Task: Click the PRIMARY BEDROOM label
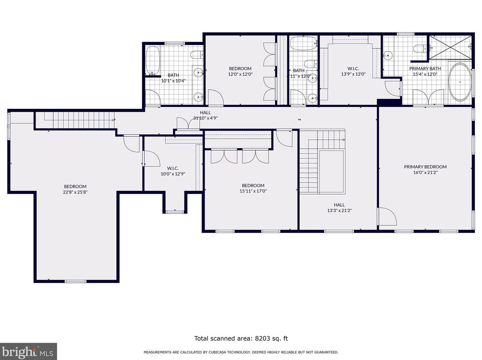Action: pyautogui.click(x=425, y=167)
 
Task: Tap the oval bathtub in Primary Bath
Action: pyautogui.click(x=460, y=82)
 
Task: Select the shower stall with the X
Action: pyautogui.click(x=450, y=47)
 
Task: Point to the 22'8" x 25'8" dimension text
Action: pyautogui.click(x=75, y=192)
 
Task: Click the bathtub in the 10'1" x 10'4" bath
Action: pyautogui.click(x=153, y=60)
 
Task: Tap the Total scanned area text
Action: pyautogui.click(x=241, y=338)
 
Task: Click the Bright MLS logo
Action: pyautogui.click(x=28, y=351)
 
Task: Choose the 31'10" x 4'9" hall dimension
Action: pyautogui.click(x=205, y=118)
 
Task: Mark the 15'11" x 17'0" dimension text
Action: pyautogui.click(x=253, y=191)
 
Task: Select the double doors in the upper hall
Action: pyautogui.click(x=188, y=123)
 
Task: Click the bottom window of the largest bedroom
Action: pyautogui.click(x=75, y=281)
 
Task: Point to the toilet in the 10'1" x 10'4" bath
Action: pyautogui.click(x=197, y=55)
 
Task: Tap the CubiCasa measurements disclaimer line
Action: pyautogui.click(x=241, y=352)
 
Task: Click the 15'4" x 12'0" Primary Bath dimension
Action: pyautogui.click(x=425, y=74)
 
